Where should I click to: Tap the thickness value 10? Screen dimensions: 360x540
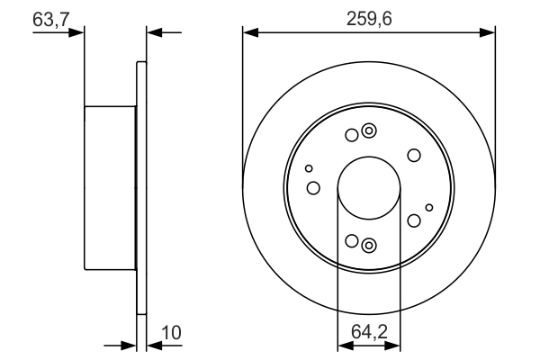point(170,333)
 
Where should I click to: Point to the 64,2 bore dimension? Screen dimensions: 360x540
point(368,333)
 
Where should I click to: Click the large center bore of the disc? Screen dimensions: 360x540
point(368,188)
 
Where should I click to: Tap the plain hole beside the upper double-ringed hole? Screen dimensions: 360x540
point(352,136)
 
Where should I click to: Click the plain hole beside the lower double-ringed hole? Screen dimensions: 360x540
point(352,241)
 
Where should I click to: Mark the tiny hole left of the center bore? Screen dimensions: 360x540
point(309,168)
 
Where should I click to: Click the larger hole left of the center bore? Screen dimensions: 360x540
point(313,188)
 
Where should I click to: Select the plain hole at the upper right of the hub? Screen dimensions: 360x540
point(414,156)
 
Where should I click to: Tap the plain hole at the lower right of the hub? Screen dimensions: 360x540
point(414,220)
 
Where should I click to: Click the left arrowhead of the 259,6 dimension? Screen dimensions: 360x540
point(249,33)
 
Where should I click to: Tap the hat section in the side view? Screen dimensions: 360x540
point(110,188)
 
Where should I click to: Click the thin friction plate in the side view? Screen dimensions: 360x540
point(140,188)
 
